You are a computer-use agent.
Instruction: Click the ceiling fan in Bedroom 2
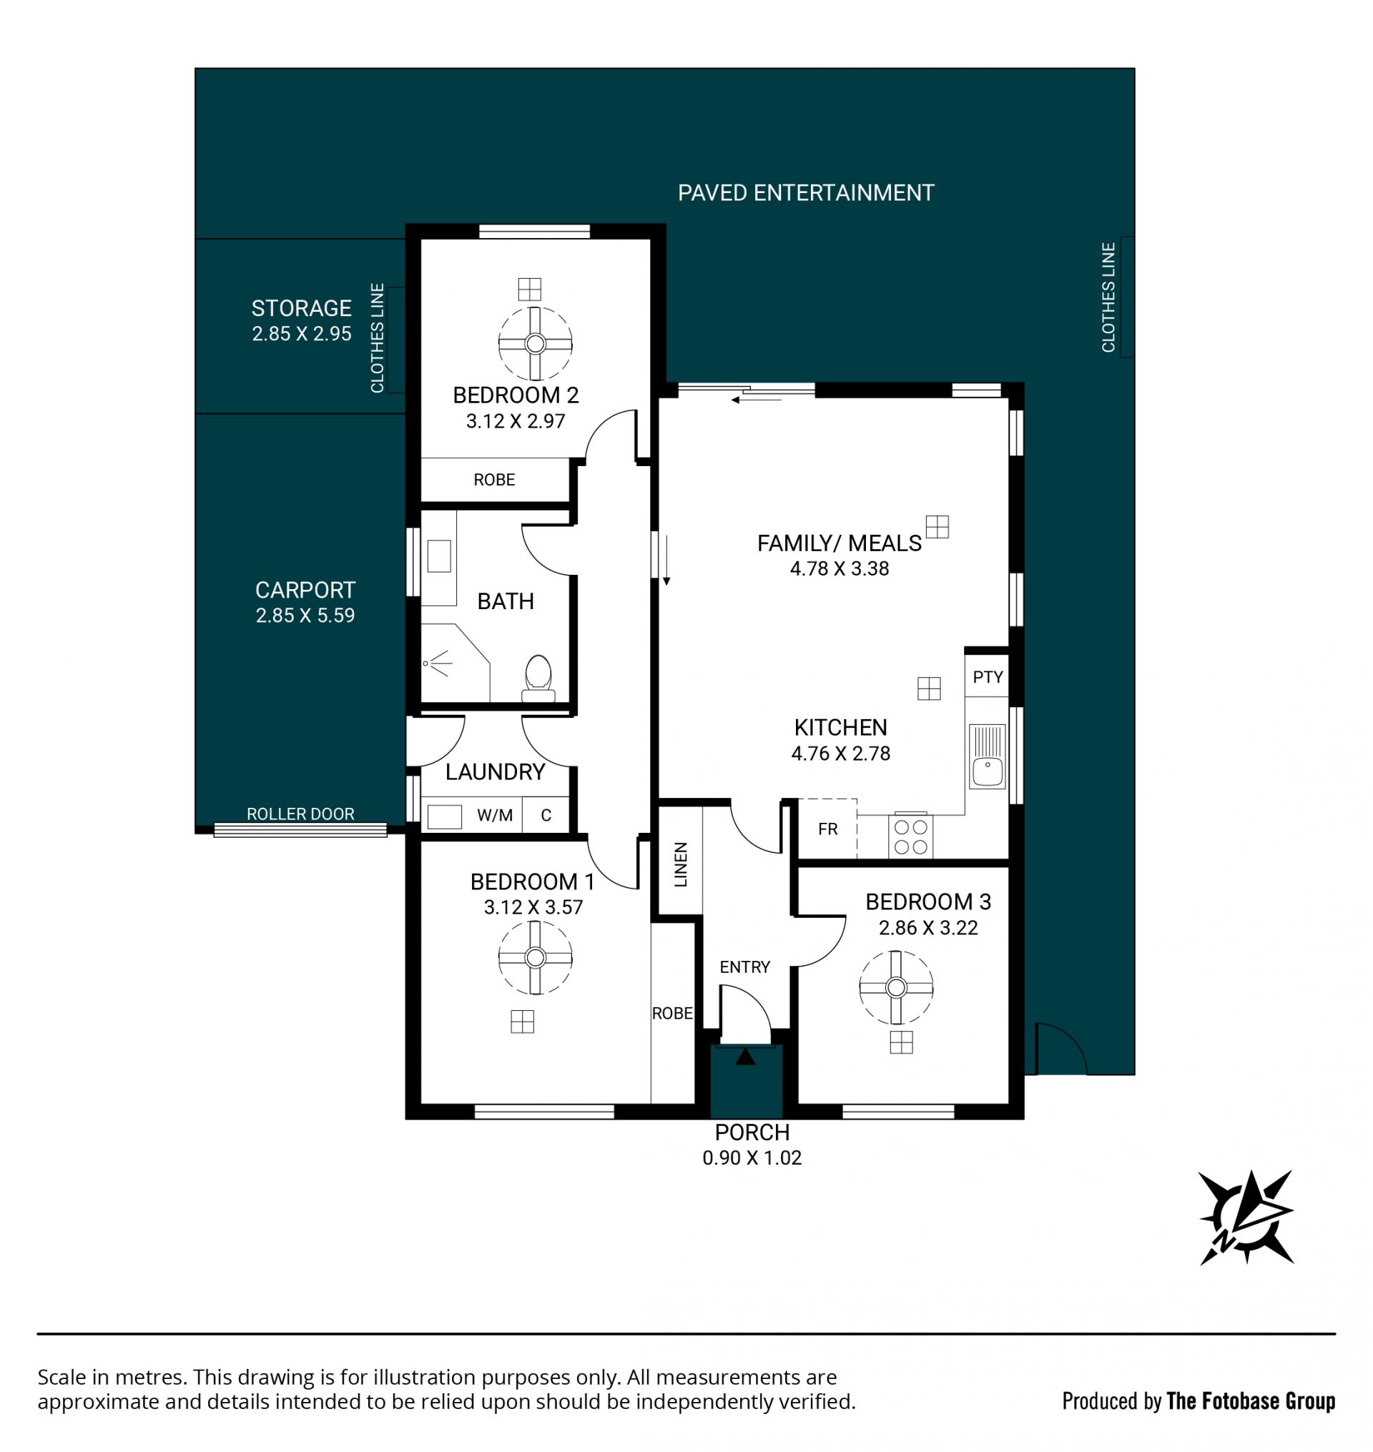[535, 343]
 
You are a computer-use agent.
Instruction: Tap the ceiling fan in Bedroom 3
[896, 987]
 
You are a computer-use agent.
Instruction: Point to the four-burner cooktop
[910, 836]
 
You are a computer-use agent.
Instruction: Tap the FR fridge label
[828, 829]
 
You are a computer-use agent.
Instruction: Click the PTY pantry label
[988, 677]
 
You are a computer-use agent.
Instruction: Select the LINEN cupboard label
[681, 864]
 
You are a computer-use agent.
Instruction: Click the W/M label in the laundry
[495, 815]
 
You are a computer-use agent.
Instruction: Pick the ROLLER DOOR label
[300, 814]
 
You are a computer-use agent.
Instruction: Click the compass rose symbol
[1246, 1217]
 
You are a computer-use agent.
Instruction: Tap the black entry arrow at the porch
[745, 1057]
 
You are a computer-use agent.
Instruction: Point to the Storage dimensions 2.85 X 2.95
[302, 334]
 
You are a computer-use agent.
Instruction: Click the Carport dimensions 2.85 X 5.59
[305, 616]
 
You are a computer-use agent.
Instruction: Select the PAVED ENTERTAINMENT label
[806, 192]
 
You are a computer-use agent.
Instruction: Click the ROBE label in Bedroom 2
[494, 480]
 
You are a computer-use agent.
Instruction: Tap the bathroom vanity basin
[439, 555]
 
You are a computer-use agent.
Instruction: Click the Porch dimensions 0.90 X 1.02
[752, 1157]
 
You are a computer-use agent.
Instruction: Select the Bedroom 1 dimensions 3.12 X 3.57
[533, 907]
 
